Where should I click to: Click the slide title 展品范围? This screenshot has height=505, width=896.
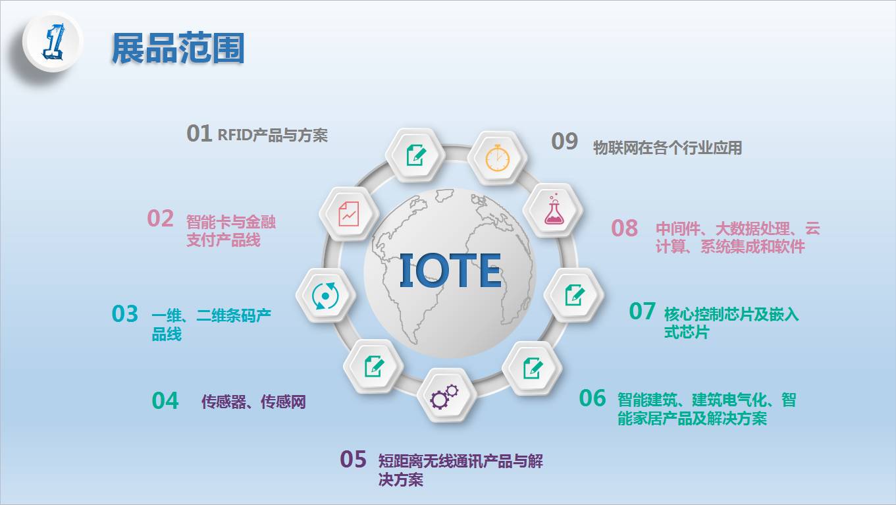(178, 48)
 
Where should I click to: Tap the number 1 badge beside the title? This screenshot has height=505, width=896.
(53, 41)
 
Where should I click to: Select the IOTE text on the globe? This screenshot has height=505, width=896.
(451, 271)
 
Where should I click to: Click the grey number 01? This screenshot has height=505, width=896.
(199, 133)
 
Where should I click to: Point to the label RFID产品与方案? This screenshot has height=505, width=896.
(273, 135)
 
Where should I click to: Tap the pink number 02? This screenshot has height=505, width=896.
(161, 219)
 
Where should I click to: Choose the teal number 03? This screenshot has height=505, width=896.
(125, 313)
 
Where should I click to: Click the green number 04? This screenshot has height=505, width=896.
(165, 400)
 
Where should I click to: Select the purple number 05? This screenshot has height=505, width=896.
(354, 459)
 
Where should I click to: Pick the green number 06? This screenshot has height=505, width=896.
(593, 398)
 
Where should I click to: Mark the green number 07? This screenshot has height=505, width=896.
(642, 311)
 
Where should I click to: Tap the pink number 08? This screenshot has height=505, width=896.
(624, 228)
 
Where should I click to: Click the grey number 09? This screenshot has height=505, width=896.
(564, 142)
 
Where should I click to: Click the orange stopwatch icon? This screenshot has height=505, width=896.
(497, 158)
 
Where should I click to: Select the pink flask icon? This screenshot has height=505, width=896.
(554, 210)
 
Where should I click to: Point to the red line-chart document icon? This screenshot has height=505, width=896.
(349, 214)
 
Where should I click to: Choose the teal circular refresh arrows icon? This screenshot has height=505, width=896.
(326, 296)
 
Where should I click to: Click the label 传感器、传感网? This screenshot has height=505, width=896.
(253, 402)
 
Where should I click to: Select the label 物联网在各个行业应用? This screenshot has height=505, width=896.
(668, 147)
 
